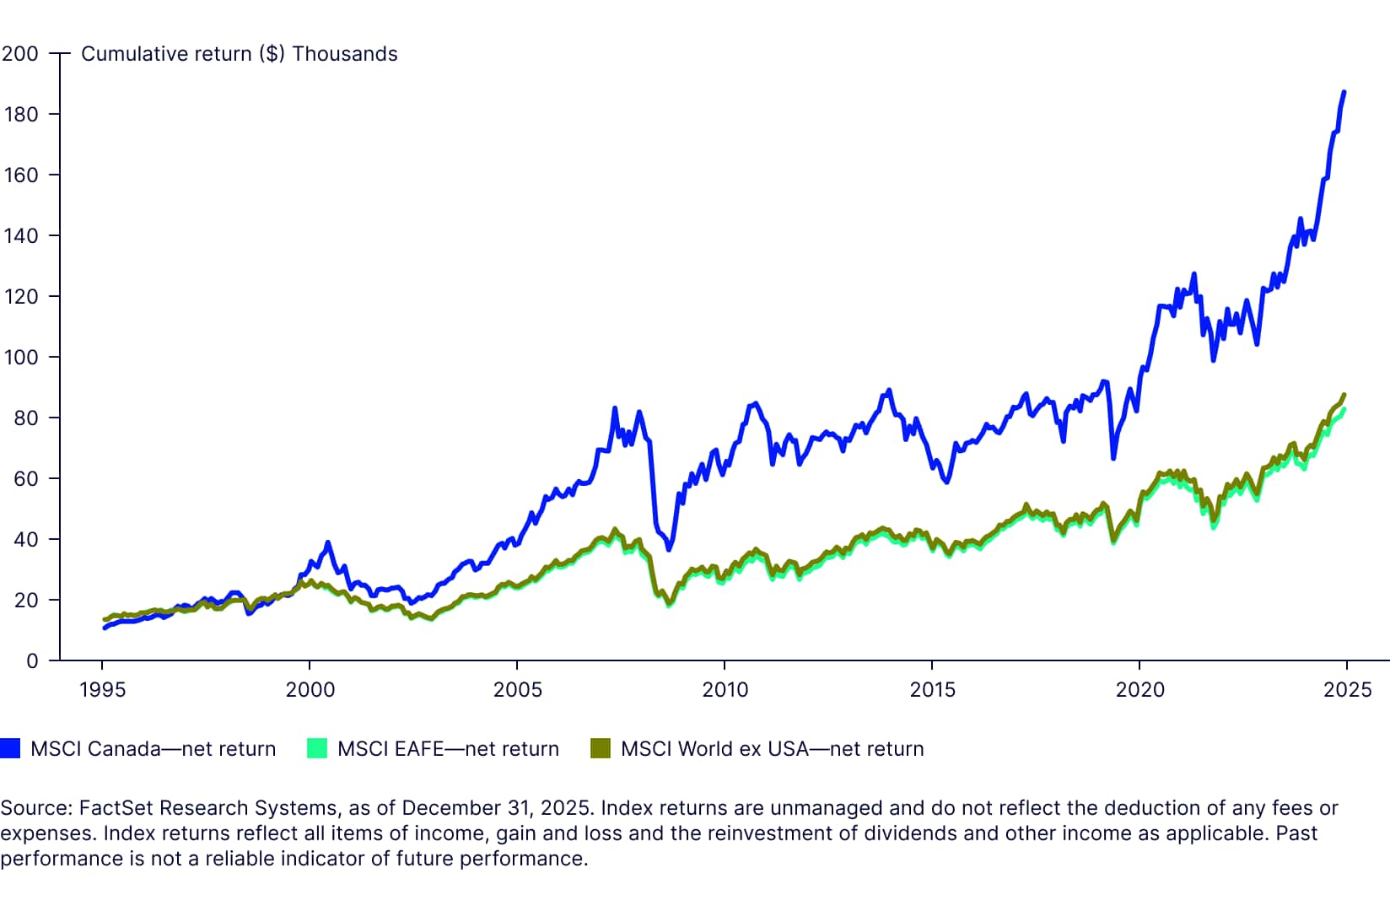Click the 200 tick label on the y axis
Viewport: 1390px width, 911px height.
(20, 54)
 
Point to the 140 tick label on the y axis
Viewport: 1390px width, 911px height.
(21, 236)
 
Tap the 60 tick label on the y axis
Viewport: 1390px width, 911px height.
(26, 478)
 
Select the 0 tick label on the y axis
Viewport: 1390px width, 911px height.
(32, 661)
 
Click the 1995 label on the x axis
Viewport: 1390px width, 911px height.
(102, 689)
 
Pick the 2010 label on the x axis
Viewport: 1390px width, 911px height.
(725, 689)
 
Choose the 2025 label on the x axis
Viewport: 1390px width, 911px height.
(1347, 689)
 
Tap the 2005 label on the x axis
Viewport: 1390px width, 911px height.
(518, 689)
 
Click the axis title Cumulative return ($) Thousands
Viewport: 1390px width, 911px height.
(240, 55)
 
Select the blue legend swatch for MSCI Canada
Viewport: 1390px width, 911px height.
(10, 748)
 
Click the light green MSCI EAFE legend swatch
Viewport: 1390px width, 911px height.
(317, 748)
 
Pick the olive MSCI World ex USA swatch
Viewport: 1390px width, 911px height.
(600, 748)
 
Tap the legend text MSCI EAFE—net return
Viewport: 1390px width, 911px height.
(448, 749)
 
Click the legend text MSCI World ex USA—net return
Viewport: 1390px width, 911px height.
(773, 749)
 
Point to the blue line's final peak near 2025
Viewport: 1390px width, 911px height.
(1344, 93)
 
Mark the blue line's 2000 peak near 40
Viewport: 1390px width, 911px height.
(327, 542)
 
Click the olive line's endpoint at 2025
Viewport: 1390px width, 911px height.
(1344, 395)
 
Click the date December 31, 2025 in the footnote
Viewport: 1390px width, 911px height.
(495, 808)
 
